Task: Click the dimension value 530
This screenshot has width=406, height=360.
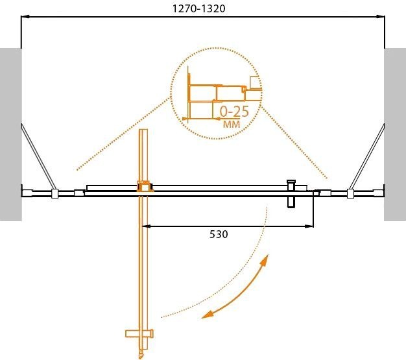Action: point(218,234)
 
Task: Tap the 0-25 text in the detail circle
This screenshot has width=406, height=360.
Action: point(234,110)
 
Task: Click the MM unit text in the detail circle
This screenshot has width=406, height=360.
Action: point(231,123)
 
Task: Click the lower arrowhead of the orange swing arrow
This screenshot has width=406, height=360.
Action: point(206,315)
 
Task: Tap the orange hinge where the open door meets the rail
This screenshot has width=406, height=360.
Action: point(144,187)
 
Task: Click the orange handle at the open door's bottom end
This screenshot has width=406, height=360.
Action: point(141,334)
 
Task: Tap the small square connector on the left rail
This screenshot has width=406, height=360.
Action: point(55,193)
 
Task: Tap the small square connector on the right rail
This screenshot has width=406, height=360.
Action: point(350,193)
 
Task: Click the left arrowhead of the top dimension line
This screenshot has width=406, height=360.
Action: point(25,18)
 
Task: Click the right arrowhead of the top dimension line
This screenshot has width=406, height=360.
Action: point(381,18)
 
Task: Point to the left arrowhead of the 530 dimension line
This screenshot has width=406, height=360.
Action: point(145,226)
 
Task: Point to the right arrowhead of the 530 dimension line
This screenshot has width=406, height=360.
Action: point(311,226)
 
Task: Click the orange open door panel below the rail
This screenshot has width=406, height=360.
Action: point(145,272)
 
